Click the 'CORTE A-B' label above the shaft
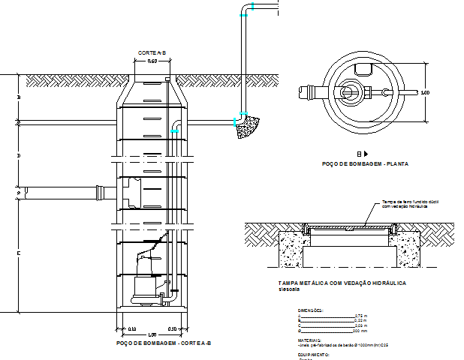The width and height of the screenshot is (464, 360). point(152,52)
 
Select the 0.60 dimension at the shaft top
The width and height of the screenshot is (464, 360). point(152,61)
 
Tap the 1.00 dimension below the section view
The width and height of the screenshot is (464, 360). point(152,334)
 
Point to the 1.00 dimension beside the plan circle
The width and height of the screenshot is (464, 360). point(424,93)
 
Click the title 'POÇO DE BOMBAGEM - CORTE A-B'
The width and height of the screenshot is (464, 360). point(164,343)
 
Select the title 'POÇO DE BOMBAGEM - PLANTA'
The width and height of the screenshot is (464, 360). point(364,163)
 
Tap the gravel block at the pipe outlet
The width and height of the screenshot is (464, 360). point(246,127)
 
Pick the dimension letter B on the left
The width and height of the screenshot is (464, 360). point(19,98)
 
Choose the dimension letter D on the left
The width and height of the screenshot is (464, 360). point(19,155)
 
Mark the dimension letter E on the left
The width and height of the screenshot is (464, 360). point(19,254)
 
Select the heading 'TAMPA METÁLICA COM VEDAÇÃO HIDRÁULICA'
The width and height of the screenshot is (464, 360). point(342,283)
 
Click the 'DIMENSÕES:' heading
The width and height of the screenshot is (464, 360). point(310,309)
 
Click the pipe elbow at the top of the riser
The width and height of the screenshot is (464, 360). point(246,10)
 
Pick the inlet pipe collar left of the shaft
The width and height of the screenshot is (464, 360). point(101,192)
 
